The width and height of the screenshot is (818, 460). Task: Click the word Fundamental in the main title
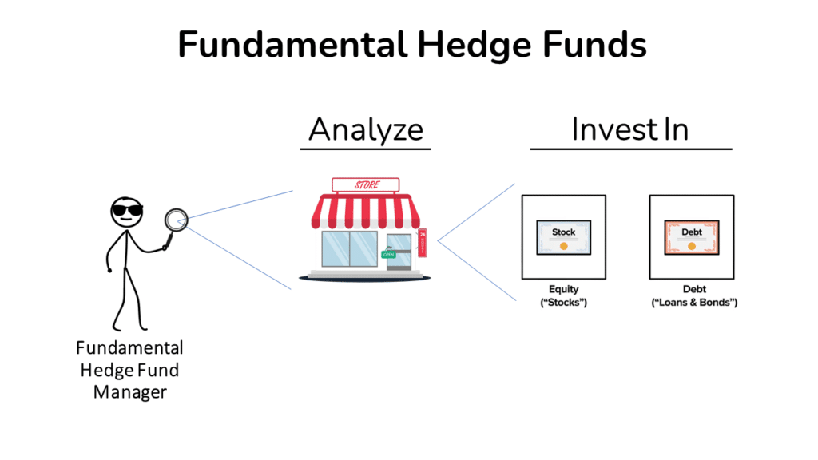[292, 44]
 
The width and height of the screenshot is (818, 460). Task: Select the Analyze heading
[365, 129]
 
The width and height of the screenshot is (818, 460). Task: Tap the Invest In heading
[630, 129]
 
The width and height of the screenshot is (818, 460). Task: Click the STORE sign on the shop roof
[366, 185]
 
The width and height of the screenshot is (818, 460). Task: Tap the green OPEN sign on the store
[389, 254]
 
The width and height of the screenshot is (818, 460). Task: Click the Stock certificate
[563, 237]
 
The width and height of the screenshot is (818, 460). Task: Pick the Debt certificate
[692, 237]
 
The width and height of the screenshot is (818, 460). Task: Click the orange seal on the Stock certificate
[563, 246]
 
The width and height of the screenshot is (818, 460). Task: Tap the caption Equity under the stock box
[563, 290]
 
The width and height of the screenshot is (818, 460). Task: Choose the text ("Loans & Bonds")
[692, 303]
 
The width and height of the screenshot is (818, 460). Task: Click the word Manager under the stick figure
[129, 392]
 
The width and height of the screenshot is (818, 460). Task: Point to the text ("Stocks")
[563, 303]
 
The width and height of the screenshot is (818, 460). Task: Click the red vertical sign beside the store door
[423, 243]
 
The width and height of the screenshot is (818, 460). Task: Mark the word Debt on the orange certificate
[692, 232]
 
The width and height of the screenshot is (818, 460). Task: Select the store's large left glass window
[350, 250]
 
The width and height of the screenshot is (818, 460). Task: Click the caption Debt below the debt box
[692, 290]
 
